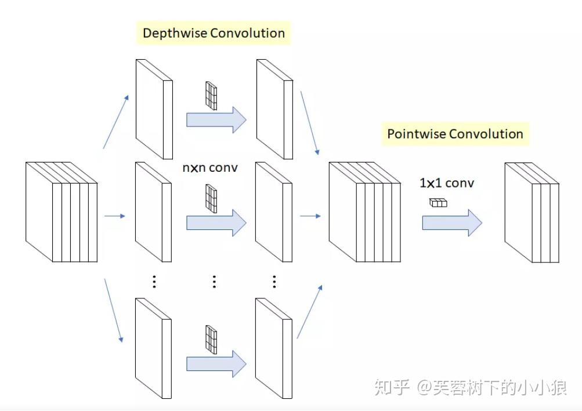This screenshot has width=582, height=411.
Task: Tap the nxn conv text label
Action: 210,168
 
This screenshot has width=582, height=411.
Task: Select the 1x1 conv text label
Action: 447,183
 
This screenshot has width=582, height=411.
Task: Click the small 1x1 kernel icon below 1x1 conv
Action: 438,203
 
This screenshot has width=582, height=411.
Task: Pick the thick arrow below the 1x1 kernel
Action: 452,223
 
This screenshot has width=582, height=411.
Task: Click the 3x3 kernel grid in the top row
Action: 211,96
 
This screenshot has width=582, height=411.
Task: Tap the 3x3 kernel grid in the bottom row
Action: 211,340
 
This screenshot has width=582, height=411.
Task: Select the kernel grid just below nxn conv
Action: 211,199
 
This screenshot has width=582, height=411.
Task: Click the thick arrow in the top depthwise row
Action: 216,120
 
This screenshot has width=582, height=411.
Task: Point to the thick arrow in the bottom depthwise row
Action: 216,364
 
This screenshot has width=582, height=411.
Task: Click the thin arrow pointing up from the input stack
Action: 116,122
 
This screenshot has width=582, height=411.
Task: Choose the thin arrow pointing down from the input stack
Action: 114,311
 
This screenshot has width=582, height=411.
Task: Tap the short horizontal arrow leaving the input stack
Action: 115,216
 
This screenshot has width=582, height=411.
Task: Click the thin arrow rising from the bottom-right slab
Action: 309,312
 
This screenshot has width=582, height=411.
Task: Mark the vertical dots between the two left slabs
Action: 154,282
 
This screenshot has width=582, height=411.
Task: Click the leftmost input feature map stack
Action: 62,212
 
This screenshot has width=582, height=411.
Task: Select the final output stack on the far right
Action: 532,212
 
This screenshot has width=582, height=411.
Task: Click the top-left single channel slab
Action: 154,109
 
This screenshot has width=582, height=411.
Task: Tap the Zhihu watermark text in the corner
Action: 470,388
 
